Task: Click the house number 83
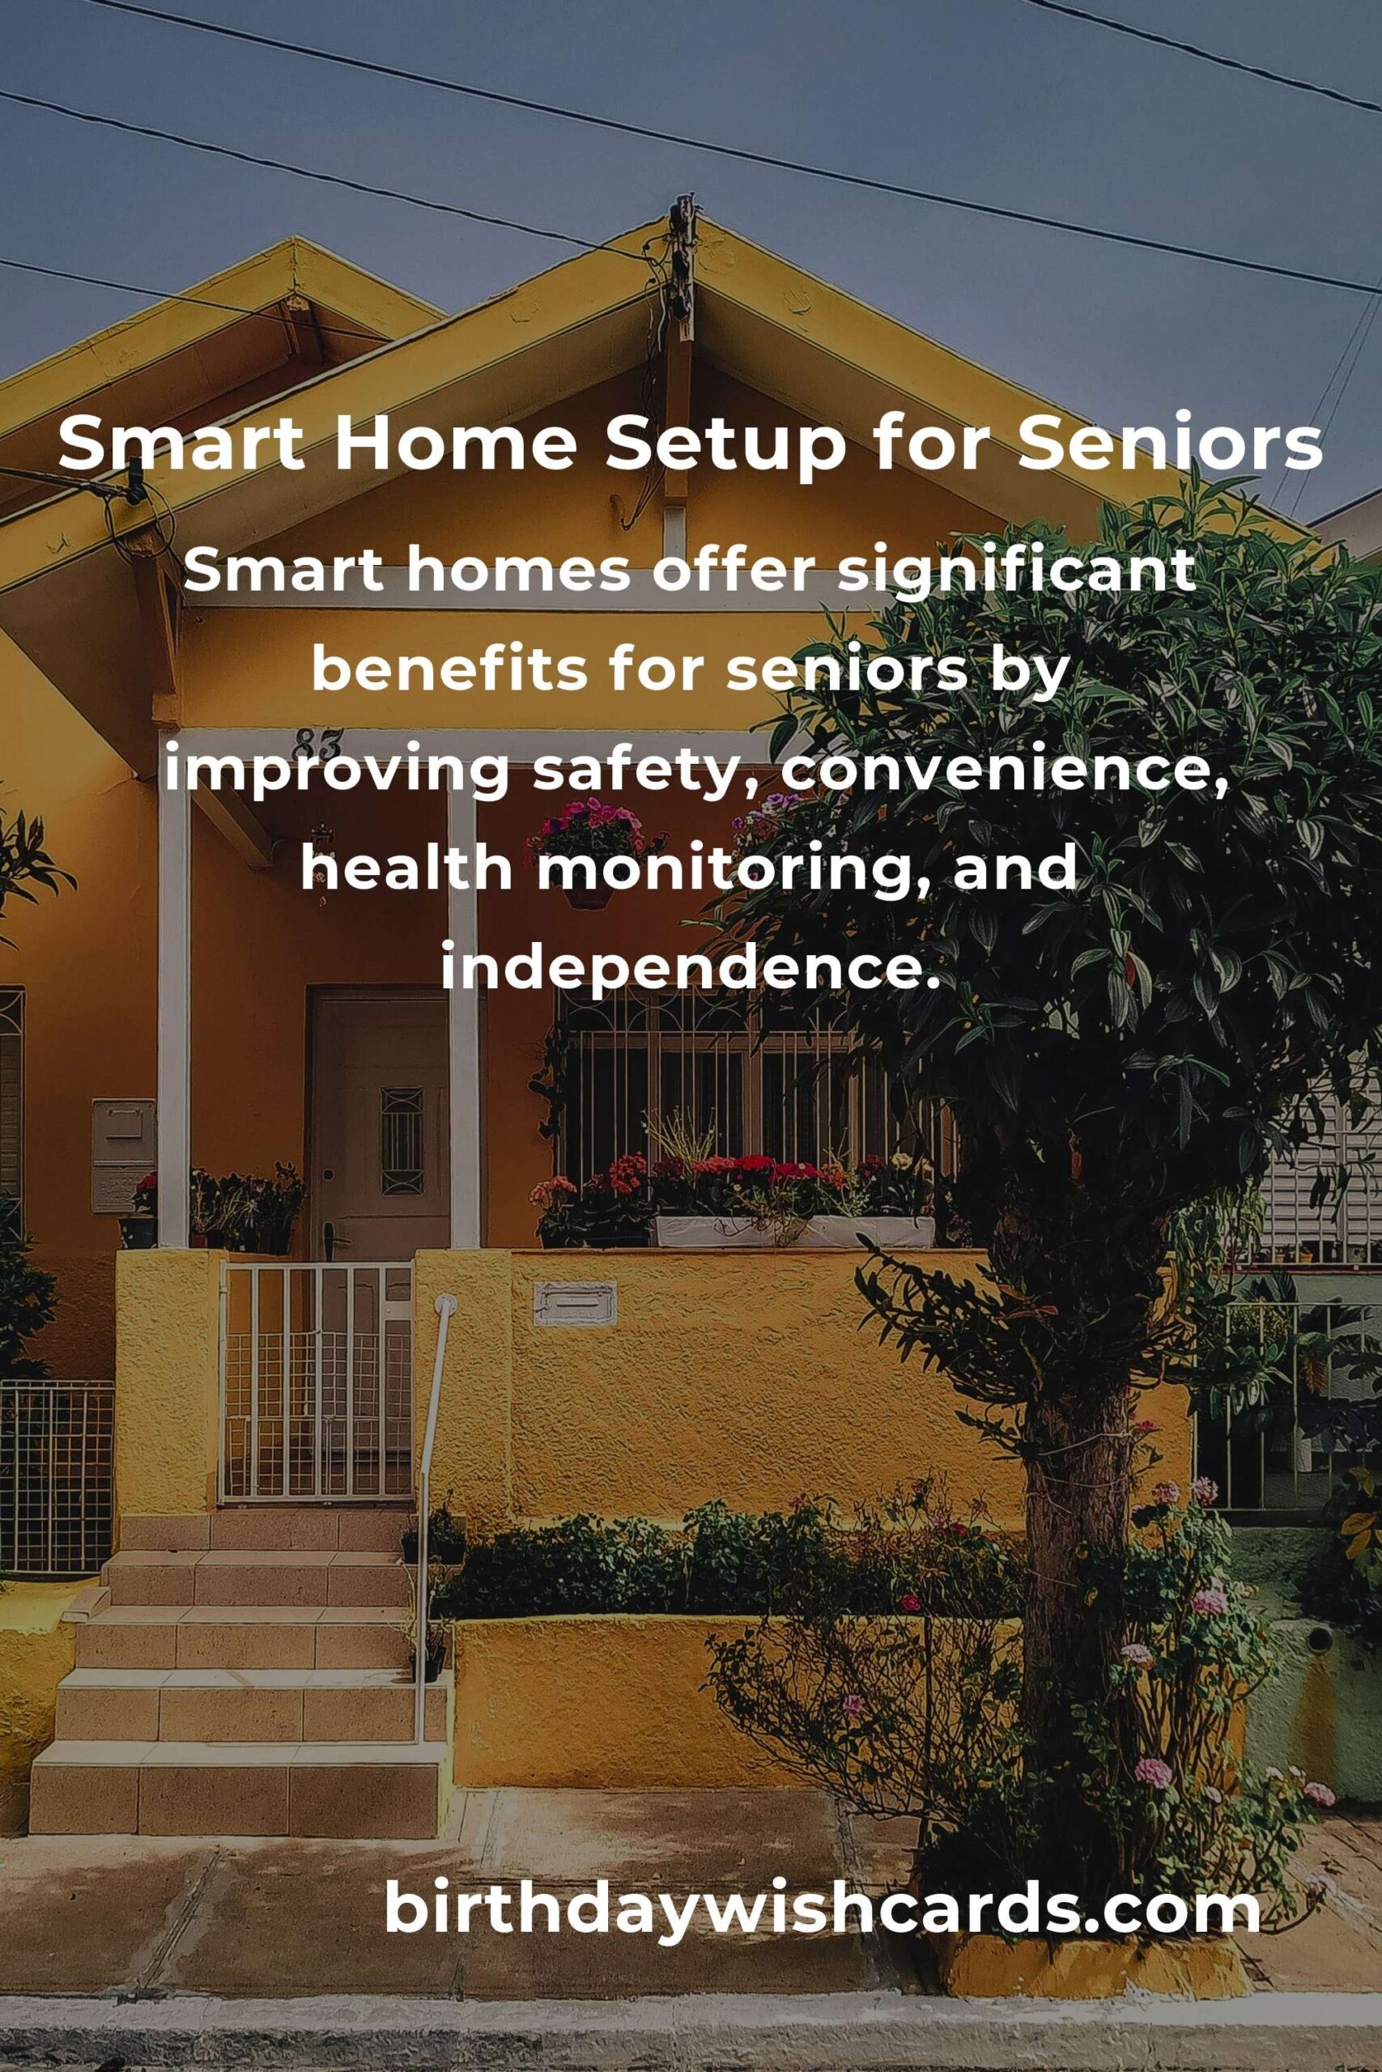pos(319,743)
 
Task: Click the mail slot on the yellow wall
pos(575,1304)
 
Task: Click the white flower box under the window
pos(793,1231)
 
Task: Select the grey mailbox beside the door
pos(123,1155)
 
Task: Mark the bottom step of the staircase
pos(236,1784)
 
